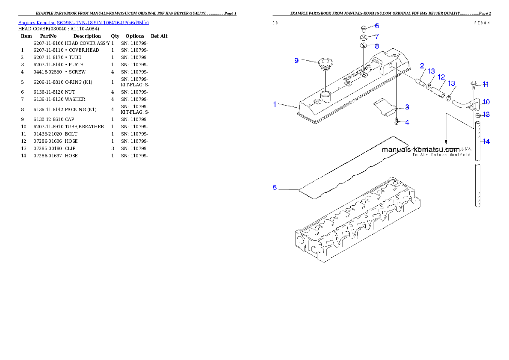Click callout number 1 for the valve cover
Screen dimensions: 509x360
click(275, 104)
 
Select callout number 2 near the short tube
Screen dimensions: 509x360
click(422, 66)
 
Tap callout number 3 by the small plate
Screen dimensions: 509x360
click(407, 107)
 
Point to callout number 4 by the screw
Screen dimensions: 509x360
click(407, 122)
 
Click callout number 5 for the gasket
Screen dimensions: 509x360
click(275, 187)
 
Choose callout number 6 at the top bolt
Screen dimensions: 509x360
click(377, 26)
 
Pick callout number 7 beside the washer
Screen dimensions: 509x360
click(377, 36)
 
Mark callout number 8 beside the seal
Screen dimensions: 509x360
click(377, 46)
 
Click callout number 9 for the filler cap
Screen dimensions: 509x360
click(296, 61)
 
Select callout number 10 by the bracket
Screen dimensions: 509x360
click(486, 102)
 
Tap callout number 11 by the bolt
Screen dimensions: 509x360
click(486, 84)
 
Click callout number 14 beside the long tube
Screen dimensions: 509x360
click(486, 142)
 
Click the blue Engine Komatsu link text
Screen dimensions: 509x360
click(83, 23)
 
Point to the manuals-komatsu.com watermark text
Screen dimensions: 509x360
click(420, 150)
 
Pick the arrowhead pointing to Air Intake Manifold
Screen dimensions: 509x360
click(446, 143)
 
